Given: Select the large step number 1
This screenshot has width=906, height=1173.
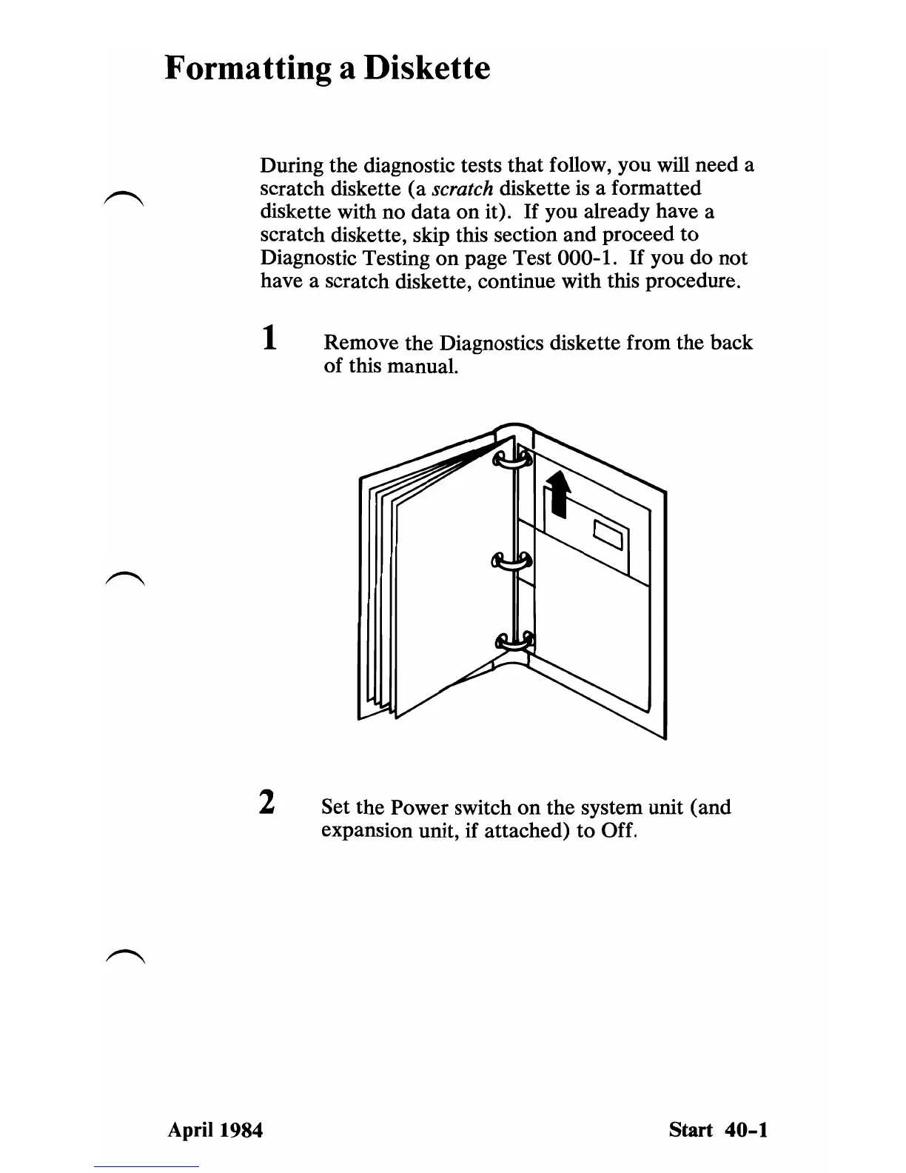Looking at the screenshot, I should pos(271,340).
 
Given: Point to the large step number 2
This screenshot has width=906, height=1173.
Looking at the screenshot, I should pos(266,803).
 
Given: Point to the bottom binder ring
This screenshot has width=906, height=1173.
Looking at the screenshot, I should pos(513,641).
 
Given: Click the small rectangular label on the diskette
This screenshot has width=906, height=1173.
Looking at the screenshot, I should pos(610,535).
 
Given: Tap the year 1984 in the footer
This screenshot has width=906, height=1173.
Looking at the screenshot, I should pos(238,1130).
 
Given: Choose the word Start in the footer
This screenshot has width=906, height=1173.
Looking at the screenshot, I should pos(691,1130).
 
